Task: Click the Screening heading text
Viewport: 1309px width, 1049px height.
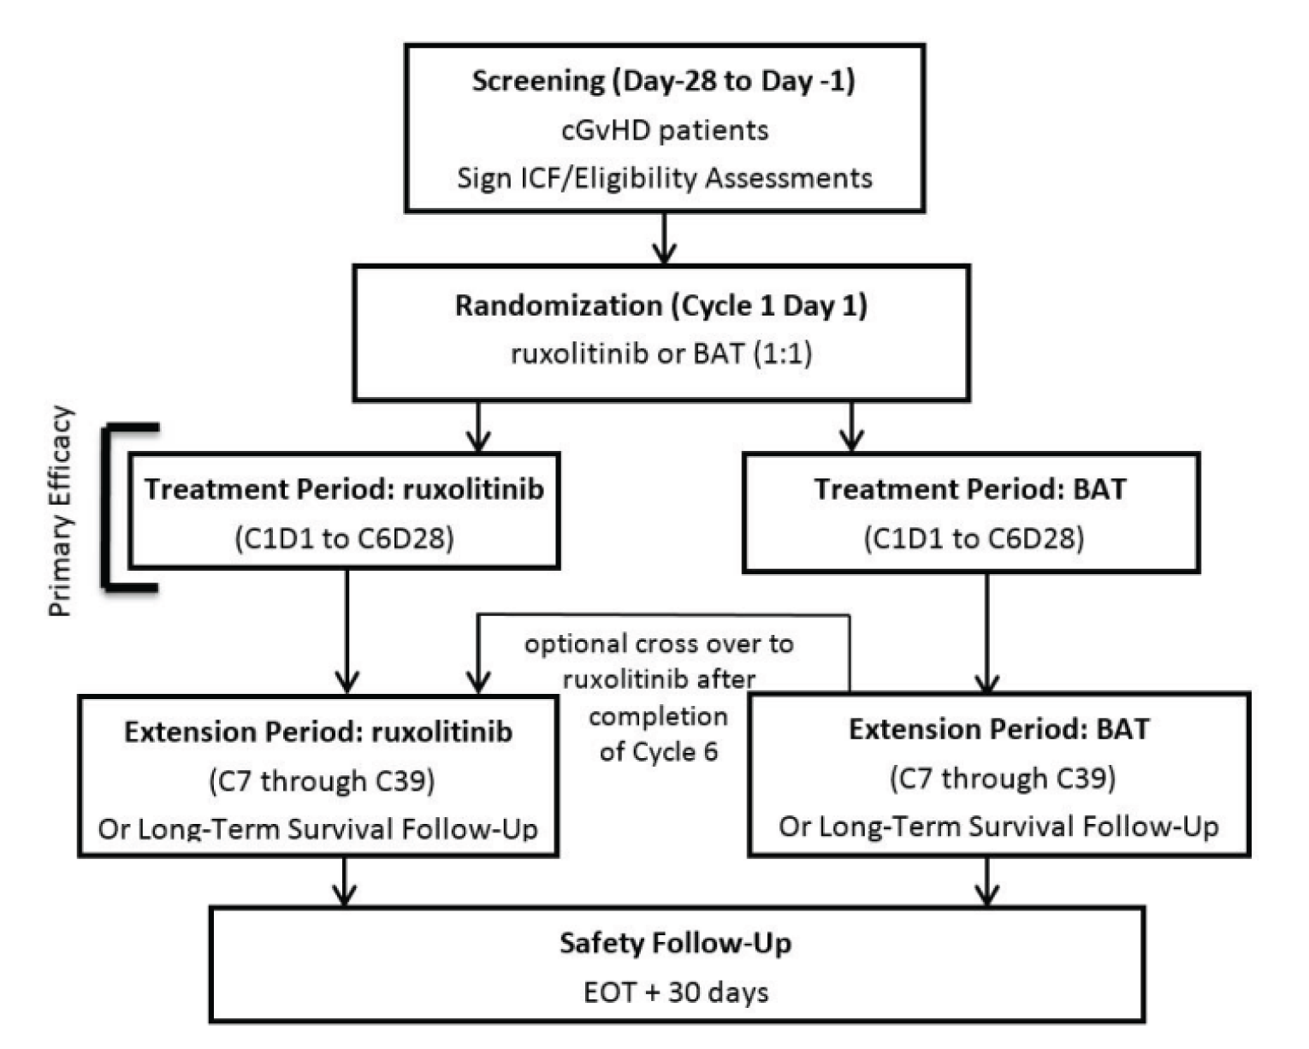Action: tap(663, 81)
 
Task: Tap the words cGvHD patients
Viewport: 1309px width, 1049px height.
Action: tap(665, 130)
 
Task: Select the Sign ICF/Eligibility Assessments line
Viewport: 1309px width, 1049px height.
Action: tap(665, 178)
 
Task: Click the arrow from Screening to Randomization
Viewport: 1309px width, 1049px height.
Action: tap(664, 239)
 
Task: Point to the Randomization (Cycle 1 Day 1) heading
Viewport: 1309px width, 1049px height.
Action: tap(660, 306)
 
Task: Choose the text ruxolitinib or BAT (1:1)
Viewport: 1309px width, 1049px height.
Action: tap(660, 353)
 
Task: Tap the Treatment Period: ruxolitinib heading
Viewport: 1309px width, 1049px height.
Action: tap(344, 489)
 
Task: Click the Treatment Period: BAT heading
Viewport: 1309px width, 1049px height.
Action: tap(970, 489)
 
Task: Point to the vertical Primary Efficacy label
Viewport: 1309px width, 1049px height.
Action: tap(61, 511)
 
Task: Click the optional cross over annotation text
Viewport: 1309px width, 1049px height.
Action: tap(659, 696)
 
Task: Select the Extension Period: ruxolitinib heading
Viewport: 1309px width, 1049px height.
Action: tap(318, 732)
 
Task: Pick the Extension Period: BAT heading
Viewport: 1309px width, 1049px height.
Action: tap(998, 730)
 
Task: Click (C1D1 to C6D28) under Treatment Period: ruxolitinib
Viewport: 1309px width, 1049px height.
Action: tap(344, 538)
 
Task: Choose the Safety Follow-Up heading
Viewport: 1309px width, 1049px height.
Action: tap(676, 943)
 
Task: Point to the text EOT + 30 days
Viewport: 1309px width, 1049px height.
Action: tap(676, 992)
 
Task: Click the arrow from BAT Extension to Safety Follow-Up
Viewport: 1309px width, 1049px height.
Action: tap(988, 881)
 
